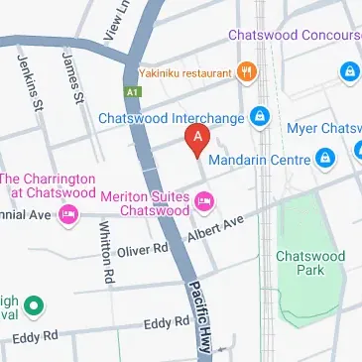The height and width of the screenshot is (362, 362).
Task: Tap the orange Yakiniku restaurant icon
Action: coord(247,70)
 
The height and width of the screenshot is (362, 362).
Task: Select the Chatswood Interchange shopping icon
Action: coord(260,117)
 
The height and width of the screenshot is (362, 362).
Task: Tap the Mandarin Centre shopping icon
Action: coord(324,157)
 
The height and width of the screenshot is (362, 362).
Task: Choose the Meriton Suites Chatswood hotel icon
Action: coord(205,203)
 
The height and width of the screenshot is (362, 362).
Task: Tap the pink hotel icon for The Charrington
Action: coord(67,214)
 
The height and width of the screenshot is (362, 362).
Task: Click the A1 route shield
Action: coord(133,89)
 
